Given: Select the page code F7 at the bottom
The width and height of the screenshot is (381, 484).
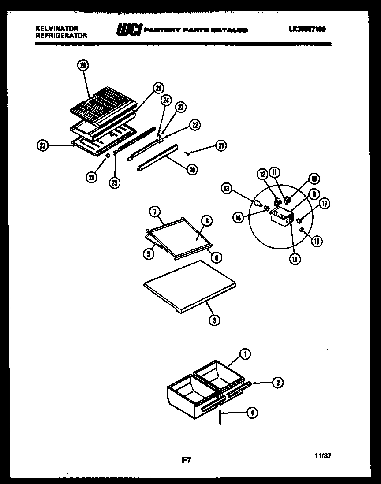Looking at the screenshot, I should click(x=186, y=461).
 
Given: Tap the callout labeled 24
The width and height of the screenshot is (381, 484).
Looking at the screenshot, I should click(x=165, y=101).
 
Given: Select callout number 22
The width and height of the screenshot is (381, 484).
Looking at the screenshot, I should click(x=194, y=125).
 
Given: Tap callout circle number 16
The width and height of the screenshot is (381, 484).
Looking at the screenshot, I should click(x=317, y=241).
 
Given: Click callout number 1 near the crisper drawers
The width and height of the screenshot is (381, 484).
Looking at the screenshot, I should click(x=245, y=353).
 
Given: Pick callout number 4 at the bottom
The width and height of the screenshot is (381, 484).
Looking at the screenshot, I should click(x=252, y=413).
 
